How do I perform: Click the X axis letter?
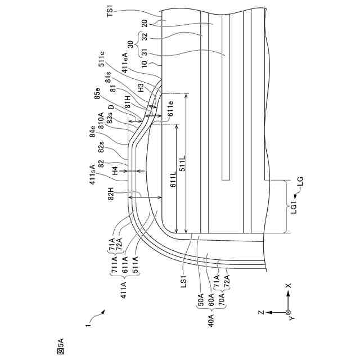tap(289, 286)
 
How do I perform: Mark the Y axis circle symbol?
tap(288, 311)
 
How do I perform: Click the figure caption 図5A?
tap(60, 344)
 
